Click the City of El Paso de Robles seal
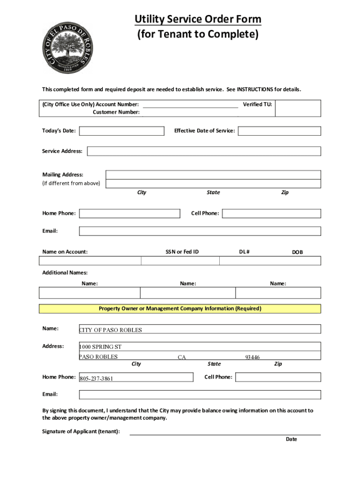pos(66,45)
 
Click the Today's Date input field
pos(122,131)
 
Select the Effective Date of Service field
pos(279,131)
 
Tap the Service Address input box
pos(204,151)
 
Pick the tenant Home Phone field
pos(130,213)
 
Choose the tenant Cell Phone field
pos(271,213)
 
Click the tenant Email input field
pos(200,231)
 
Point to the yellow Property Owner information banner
pos(180,309)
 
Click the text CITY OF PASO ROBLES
pos(110,330)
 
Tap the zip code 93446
pos(252,357)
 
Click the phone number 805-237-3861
pos(96,378)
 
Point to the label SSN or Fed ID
pos(182,252)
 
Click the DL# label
pos(245,252)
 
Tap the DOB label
pos(297,252)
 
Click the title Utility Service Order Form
pos(198,19)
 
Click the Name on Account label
pos(65,252)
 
